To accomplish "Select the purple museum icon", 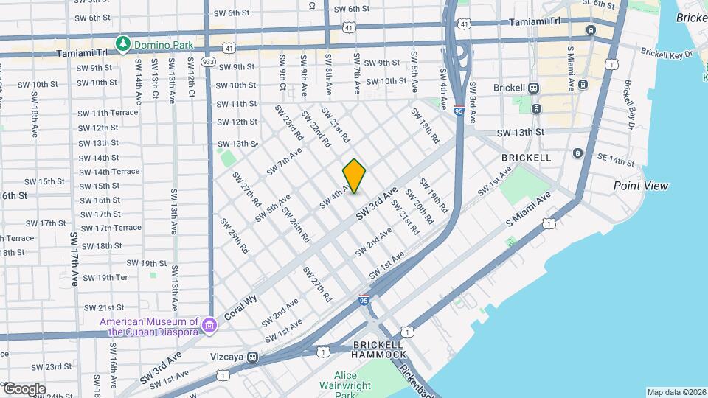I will pyautogui.click(x=209, y=325).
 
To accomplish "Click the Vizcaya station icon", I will pyautogui.click(x=253, y=357).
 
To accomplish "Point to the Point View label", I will pyautogui.click(x=640, y=186).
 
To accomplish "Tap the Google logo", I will pyautogui.click(x=24, y=389).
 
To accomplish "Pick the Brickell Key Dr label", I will pyautogui.click(x=667, y=54).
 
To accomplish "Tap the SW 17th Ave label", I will pyautogui.click(x=74, y=259).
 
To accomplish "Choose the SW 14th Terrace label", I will pyautogui.click(x=108, y=172).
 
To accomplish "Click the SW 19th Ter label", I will pyautogui.click(x=105, y=278).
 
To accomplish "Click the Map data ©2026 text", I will pyautogui.click(x=676, y=392).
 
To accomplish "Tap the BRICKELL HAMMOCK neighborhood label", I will pyautogui.click(x=379, y=349).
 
